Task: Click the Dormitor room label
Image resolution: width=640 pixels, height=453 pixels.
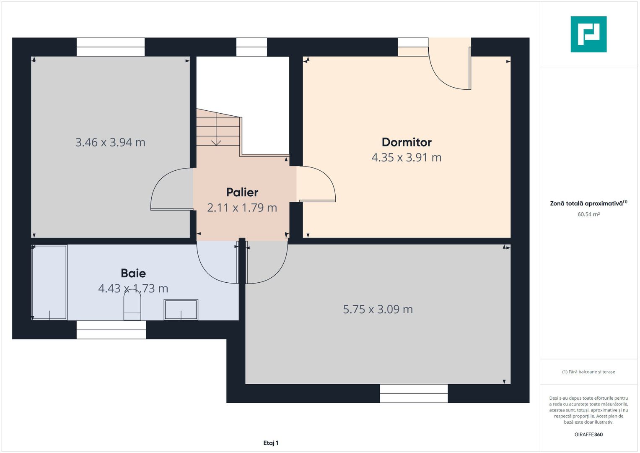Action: (406, 142)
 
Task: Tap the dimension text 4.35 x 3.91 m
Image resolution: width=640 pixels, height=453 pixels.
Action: (406, 158)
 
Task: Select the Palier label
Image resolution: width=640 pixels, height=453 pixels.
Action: (242, 192)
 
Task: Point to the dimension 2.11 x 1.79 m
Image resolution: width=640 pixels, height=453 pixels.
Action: (242, 208)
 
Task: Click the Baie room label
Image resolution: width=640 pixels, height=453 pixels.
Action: (133, 273)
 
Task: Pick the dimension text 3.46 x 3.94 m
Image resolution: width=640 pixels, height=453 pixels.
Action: (110, 143)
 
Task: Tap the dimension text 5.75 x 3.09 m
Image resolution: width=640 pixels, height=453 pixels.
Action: (378, 310)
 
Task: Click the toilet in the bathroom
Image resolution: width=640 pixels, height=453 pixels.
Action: (132, 306)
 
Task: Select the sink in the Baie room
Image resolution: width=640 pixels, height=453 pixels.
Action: (181, 310)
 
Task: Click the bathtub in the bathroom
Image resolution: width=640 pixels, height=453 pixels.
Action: (49, 282)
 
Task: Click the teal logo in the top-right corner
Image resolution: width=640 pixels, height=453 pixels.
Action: (588, 34)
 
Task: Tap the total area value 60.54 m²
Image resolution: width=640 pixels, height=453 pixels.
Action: (588, 214)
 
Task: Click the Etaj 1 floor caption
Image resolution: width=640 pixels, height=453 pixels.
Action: (271, 443)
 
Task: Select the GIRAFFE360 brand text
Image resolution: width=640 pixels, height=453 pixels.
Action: (588, 435)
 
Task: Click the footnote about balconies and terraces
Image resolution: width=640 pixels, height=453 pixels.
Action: (588, 372)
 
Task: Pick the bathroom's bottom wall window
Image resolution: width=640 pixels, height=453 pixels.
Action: (111, 330)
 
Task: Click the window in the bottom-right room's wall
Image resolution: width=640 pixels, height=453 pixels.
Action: (414, 393)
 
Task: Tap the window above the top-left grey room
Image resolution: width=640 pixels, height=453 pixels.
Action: (111, 47)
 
